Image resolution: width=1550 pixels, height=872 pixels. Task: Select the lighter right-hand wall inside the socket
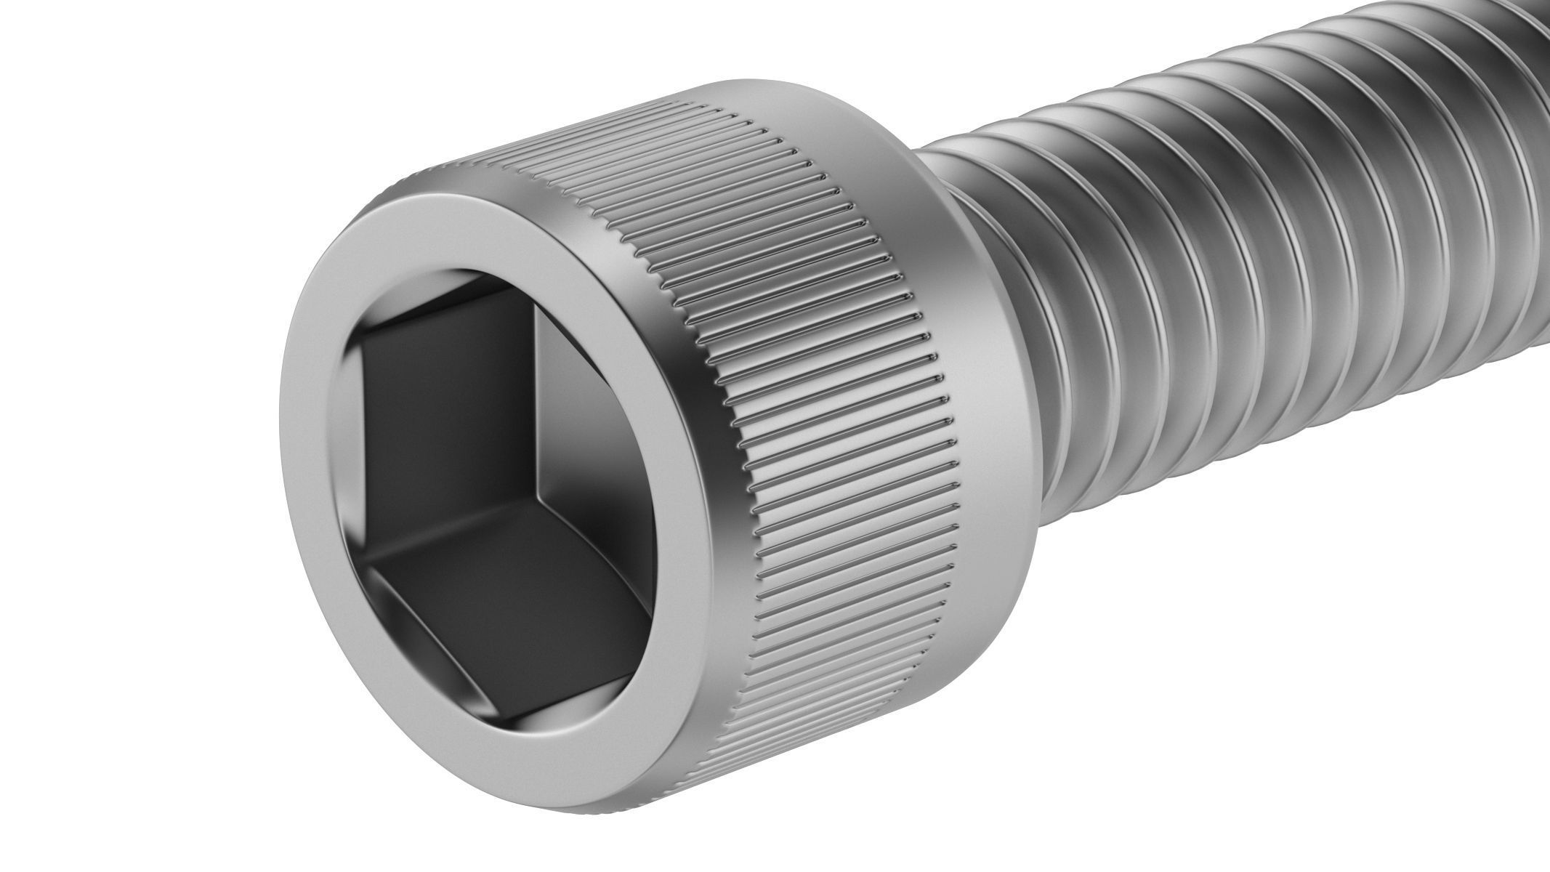(x=589, y=407)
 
